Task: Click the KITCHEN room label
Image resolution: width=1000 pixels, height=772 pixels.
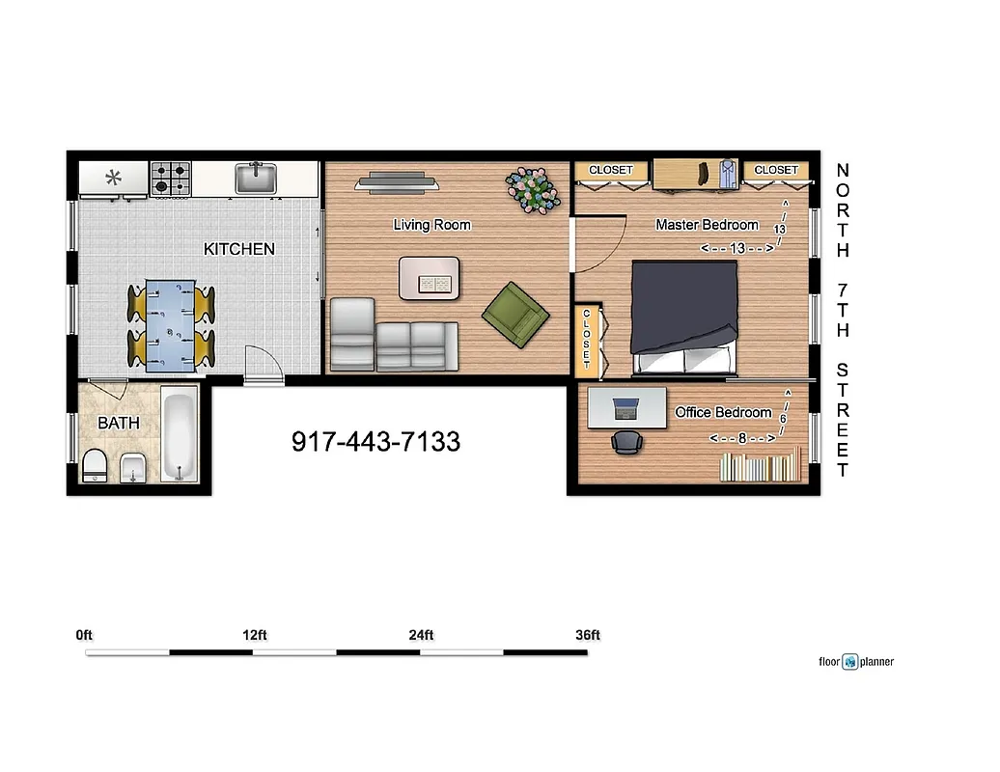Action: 238,249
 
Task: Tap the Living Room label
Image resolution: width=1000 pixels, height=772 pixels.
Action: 431,225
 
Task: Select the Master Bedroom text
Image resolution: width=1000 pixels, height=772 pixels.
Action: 707,225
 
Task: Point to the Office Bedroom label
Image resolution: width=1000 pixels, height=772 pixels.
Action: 723,412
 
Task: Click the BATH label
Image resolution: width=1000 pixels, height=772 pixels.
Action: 118,423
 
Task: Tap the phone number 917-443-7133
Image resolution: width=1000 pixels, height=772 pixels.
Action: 375,442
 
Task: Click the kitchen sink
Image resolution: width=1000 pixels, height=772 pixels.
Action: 257,178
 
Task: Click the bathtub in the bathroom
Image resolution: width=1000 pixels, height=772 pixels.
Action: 179,437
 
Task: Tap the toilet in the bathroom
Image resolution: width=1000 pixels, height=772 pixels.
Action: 95,465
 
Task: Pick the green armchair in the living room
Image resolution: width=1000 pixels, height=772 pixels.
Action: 515,314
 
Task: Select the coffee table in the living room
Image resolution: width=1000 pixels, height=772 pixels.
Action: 430,277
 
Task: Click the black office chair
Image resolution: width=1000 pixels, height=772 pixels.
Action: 626,442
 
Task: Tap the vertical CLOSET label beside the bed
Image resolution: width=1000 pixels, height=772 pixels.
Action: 586,341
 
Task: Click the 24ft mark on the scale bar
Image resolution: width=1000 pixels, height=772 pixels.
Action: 421,635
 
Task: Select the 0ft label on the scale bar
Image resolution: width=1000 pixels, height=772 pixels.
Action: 85,635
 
